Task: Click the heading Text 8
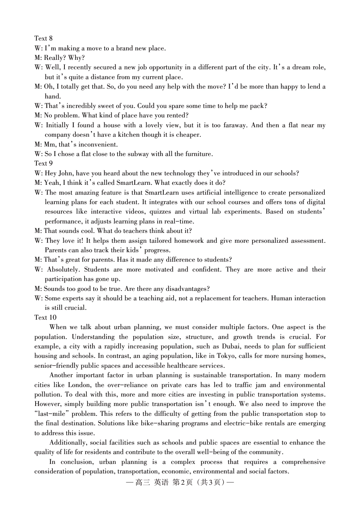[x=43, y=38]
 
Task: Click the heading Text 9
[x=43, y=163]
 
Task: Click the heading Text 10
[x=45, y=317]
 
